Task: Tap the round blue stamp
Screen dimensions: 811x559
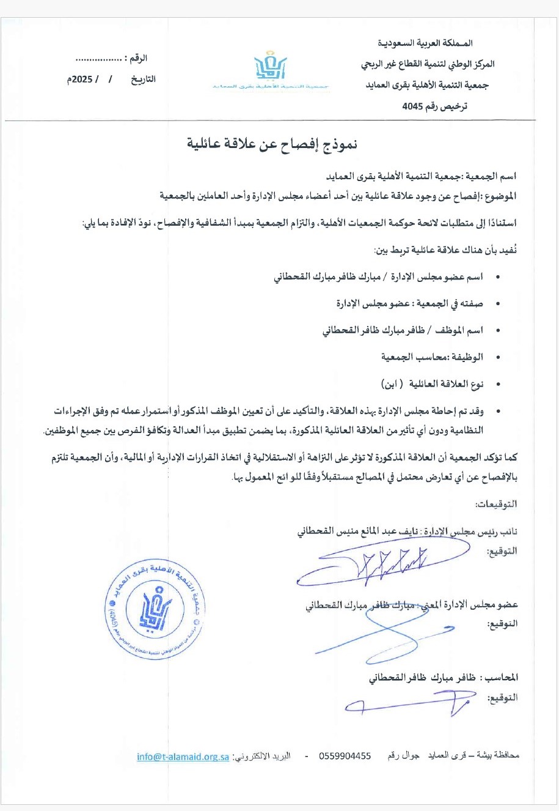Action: (x=155, y=611)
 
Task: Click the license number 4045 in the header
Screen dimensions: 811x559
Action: (x=413, y=106)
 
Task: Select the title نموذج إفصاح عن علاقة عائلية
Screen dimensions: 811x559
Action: (x=272, y=144)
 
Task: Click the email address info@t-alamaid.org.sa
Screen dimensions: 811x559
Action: (x=183, y=756)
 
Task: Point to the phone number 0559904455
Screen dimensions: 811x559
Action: (x=345, y=756)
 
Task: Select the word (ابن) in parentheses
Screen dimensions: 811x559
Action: (x=391, y=384)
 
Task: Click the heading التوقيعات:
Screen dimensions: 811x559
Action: (x=496, y=505)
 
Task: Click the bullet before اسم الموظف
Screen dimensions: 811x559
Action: (x=499, y=331)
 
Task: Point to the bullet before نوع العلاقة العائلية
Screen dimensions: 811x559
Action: (x=499, y=384)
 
